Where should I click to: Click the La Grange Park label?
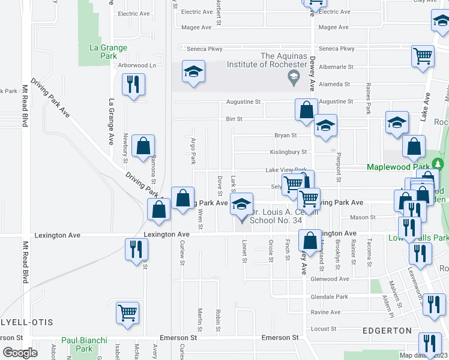108,52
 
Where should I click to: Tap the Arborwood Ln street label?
136,65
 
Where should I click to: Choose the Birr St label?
234,119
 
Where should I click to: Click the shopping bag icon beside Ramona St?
144,146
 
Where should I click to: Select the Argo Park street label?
193,150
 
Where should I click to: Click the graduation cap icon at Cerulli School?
241,205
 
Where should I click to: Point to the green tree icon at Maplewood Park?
439,164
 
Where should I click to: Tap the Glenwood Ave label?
330,279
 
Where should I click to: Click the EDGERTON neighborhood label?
387,331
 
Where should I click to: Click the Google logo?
19,353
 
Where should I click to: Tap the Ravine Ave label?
325,312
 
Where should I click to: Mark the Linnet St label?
244,251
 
